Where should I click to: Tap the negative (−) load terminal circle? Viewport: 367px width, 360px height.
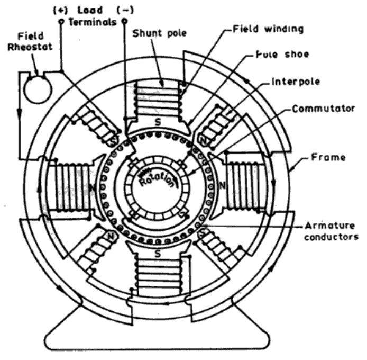pos(125,21)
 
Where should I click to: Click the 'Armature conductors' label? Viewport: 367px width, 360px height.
pos(331,231)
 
